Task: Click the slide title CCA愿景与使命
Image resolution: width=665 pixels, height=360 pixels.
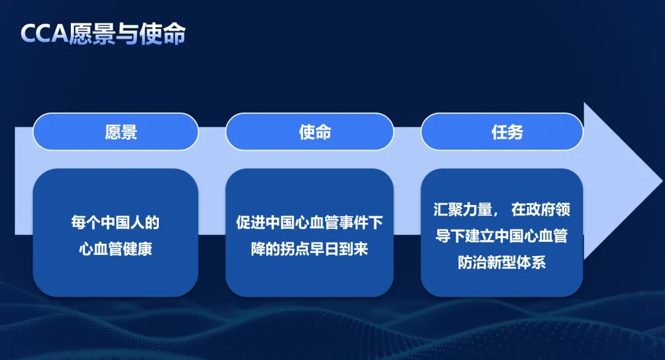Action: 103,33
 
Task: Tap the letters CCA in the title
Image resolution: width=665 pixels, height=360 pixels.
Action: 44,33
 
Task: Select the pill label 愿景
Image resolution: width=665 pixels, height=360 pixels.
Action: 121,132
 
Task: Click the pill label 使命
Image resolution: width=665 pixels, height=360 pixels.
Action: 315,132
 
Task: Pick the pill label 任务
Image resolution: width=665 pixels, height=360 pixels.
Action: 507,132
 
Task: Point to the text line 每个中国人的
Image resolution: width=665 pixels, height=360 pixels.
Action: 115,223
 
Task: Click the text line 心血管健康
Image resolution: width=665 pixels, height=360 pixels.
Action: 115,249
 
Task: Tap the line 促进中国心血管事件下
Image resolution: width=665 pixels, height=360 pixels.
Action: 310,223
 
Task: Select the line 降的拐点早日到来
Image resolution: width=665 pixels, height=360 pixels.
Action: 310,249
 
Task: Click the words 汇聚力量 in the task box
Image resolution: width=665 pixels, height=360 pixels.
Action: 462,209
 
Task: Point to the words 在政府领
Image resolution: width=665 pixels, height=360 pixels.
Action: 541,209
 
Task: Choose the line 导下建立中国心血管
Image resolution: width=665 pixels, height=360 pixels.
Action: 502,236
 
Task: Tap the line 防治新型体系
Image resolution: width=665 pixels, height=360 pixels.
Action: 502,263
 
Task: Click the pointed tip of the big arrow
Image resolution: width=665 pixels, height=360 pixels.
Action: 662,182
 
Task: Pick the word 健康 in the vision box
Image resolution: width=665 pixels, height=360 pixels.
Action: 137,249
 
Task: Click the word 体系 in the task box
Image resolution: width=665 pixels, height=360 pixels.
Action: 531,263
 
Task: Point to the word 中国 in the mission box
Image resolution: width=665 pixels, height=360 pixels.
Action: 280,223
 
